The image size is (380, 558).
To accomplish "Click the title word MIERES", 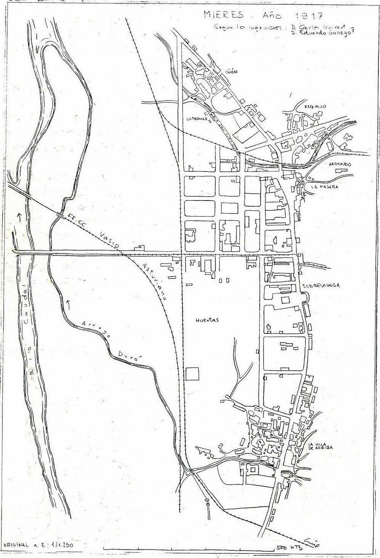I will [223, 15].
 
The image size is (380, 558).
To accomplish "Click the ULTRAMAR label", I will [196, 119].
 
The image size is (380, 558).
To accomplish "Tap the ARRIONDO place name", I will [340, 164].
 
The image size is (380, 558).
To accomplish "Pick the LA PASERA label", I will [325, 187].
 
